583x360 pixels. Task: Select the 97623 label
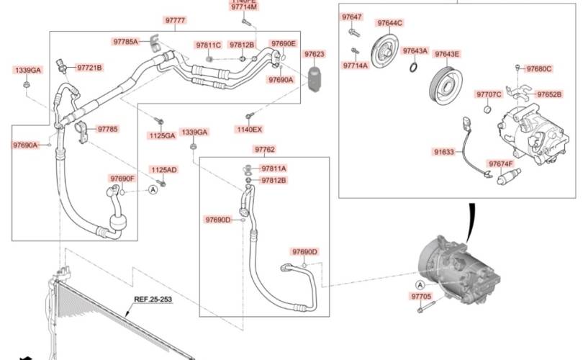pos(314,54)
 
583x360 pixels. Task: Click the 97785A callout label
pos(125,42)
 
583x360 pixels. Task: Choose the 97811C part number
pos(208,45)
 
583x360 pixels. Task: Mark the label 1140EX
pos(250,130)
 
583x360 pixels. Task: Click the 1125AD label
pos(163,170)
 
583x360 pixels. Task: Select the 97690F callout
pos(122,178)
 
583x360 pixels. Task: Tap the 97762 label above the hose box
pos(264,150)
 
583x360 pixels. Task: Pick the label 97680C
pos(538,69)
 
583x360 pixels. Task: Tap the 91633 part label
pos(443,152)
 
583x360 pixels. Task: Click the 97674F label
pos(500,163)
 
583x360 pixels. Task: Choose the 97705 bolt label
pos(421,296)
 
